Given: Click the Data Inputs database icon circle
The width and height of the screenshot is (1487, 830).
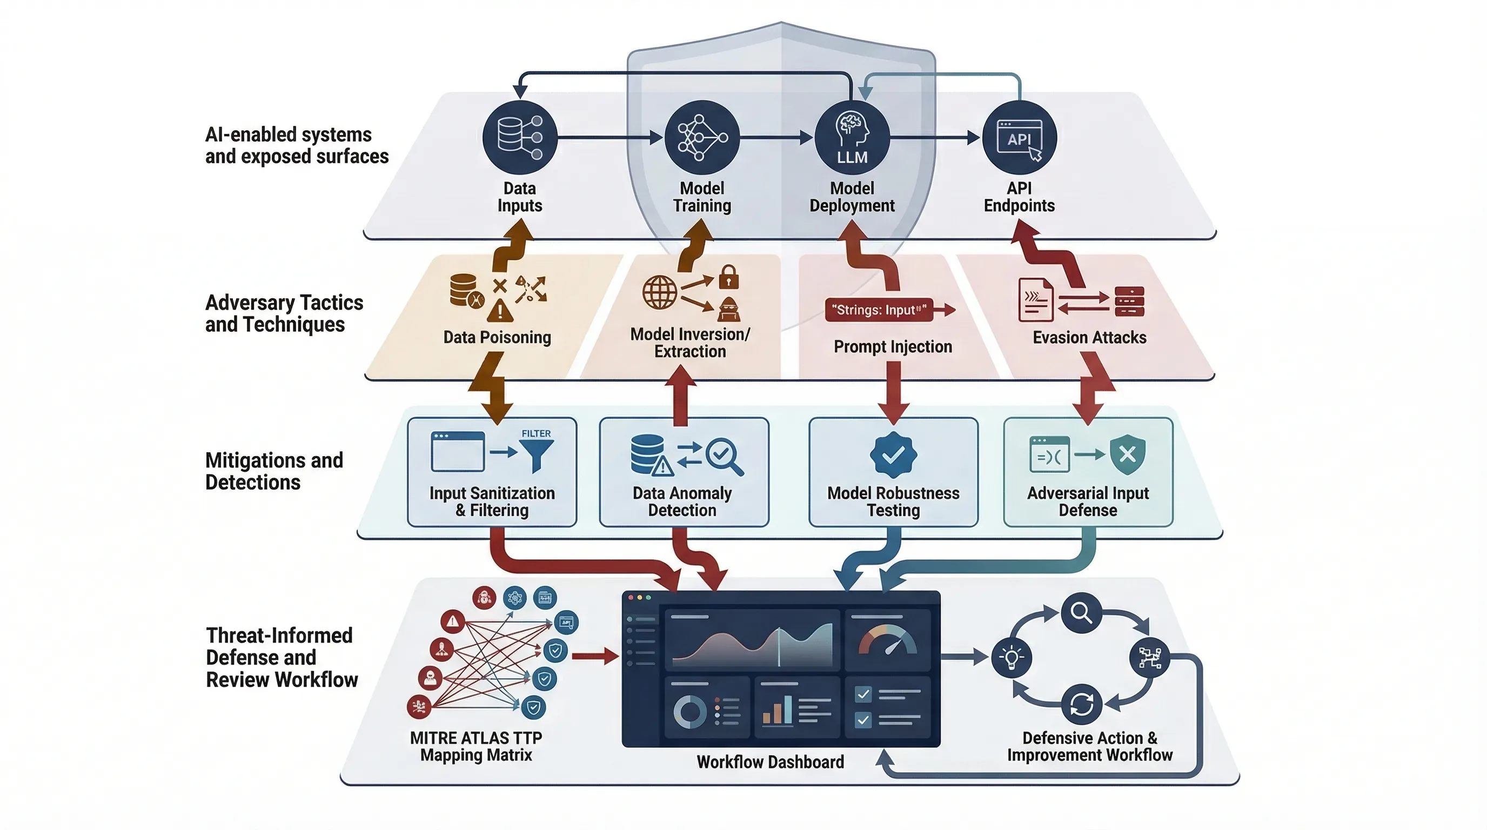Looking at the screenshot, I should tap(519, 137).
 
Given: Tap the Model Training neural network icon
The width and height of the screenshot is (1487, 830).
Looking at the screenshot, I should tap(701, 137).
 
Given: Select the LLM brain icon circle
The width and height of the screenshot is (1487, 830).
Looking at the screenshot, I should tap(852, 137).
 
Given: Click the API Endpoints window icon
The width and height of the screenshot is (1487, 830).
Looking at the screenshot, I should tap(1020, 137).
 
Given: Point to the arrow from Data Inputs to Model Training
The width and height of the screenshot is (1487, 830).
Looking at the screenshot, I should tap(609, 137).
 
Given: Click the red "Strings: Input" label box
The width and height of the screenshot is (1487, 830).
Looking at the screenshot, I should tap(879, 310).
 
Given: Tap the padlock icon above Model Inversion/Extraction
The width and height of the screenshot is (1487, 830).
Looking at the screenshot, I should tap(728, 277).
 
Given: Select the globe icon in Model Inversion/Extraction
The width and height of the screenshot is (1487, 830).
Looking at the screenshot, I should tap(659, 292).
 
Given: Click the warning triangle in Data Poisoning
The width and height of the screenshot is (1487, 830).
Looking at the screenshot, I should tap(499, 311).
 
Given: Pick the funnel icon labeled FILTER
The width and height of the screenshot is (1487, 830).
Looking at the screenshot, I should tap(536, 453).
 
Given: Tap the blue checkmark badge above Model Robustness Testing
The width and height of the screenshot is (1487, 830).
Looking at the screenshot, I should tap(893, 455).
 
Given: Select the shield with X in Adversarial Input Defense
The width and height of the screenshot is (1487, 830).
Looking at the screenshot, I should tap(1127, 455).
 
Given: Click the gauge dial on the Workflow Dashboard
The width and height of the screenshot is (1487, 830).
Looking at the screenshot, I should tap(887, 641).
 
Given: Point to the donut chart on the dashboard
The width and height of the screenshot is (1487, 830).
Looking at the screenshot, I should tap(690, 711).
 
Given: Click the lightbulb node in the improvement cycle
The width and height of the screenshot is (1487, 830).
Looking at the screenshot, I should tap(1012, 657).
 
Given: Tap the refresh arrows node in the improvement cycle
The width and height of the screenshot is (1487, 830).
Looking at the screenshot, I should tap(1081, 704).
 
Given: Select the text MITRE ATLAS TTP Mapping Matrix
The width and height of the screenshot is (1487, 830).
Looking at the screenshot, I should tap(475, 746).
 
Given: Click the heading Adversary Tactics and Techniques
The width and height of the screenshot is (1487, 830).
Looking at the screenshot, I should tap(284, 313).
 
